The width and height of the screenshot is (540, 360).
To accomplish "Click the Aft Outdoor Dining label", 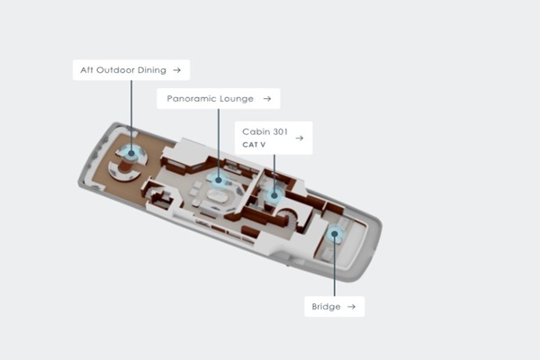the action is pyautogui.click(x=123, y=70).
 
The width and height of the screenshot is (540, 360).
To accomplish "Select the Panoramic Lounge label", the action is pyautogui.click(x=210, y=99).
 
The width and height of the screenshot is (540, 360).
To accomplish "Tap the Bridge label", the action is pyautogui.click(x=326, y=307).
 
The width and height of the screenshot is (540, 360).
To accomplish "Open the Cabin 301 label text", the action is pyautogui.click(x=265, y=131).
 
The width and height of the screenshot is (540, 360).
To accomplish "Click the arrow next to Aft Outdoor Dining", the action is pyautogui.click(x=177, y=70).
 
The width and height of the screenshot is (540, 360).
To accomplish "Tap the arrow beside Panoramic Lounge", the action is pyautogui.click(x=267, y=99).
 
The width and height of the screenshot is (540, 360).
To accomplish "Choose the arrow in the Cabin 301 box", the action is pyautogui.click(x=300, y=138).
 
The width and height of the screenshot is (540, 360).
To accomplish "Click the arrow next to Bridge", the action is pyautogui.click(x=351, y=307).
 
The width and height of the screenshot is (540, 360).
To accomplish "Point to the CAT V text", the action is pyautogui.click(x=254, y=145).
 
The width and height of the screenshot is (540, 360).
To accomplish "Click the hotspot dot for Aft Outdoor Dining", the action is pyautogui.click(x=131, y=153).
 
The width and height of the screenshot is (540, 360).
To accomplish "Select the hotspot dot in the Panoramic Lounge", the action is pyautogui.click(x=219, y=180).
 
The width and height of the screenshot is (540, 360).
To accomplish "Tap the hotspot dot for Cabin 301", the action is pyautogui.click(x=274, y=195).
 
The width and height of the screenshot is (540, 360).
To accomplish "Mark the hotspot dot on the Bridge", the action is pyautogui.click(x=335, y=234).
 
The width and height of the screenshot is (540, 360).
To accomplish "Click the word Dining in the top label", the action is pyautogui.click(x=152, y=70).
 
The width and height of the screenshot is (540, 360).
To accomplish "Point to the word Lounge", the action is pyautogui.click(x=237, y=99).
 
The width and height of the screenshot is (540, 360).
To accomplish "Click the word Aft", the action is pyautogui.click(x=86, y=70).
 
